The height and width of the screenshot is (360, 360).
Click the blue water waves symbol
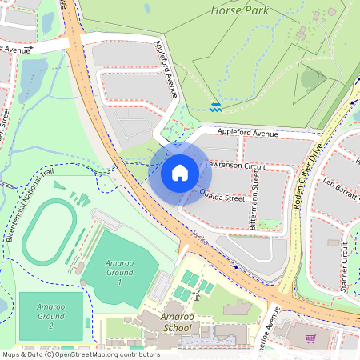215,106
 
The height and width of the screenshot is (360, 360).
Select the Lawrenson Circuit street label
235,164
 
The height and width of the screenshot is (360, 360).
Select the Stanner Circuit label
345,263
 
